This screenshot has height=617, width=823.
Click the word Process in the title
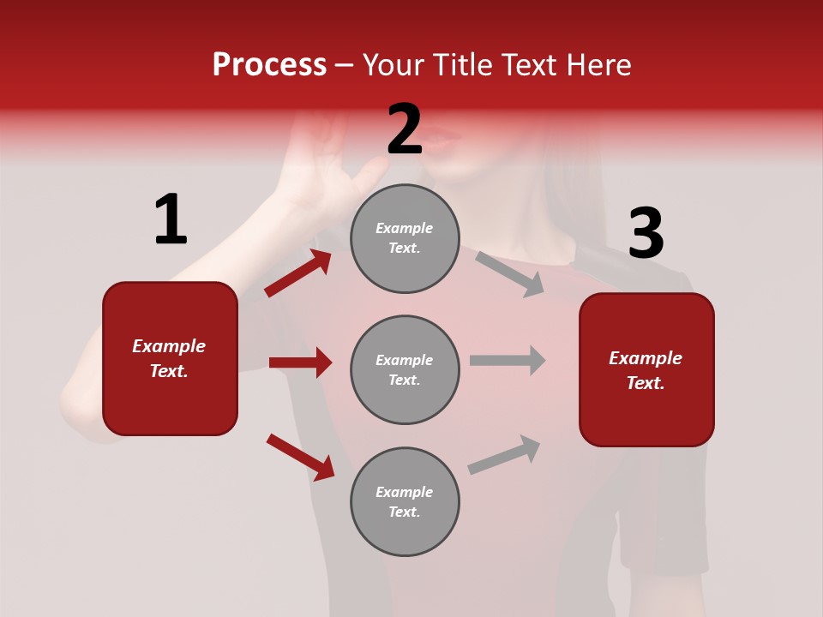pos(269,64)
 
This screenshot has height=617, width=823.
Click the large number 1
pos(170,219)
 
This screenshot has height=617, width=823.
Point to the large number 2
pos(405,129)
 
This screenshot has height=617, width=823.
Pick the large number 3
pos(646,233)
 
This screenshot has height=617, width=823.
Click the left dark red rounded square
pos(170,358)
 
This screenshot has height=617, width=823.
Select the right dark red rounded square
pos(646,369)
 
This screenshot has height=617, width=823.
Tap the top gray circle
pos(405,237)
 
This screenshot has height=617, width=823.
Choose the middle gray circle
pos(405,369)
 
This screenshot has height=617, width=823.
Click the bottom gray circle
pos(405,501)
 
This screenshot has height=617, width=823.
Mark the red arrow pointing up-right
pos(297,273)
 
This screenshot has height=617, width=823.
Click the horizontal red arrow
pos(300,362)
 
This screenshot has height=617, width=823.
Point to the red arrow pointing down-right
pos(300,457)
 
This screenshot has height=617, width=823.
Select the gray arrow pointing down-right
pos(510,273)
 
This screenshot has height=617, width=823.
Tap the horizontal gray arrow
pos(508,360)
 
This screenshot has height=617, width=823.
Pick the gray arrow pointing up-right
pos(504,454)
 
